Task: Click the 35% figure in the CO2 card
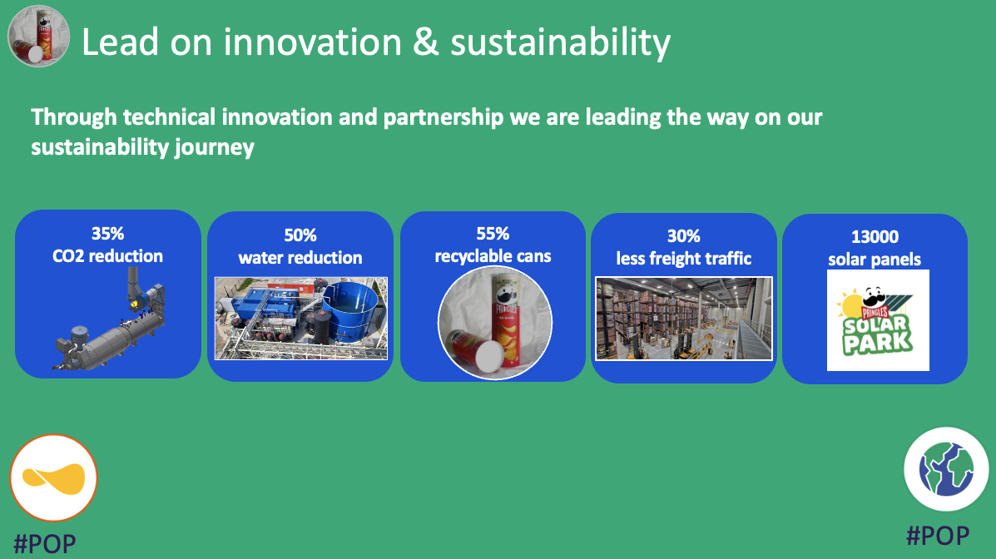pos(107,234)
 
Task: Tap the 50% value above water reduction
pos(300,235)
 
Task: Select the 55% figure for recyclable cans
pos(493,234)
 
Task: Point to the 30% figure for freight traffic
pos(683,236)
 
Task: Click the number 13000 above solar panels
pos(875,237)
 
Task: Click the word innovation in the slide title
pos(313,42)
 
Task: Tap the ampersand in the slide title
pos(425,42)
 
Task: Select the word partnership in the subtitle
pos(443,117)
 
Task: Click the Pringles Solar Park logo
pos(878,320)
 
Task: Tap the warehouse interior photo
pos(683,319)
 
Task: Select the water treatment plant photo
pos(301,319)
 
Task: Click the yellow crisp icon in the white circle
pos(53,478)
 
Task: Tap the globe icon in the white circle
pos(946,469)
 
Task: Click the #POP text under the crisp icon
pos(45,544)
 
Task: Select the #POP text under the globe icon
pos(938,536)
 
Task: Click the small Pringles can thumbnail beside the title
pos(38,37)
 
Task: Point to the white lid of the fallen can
pos(489,356)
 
